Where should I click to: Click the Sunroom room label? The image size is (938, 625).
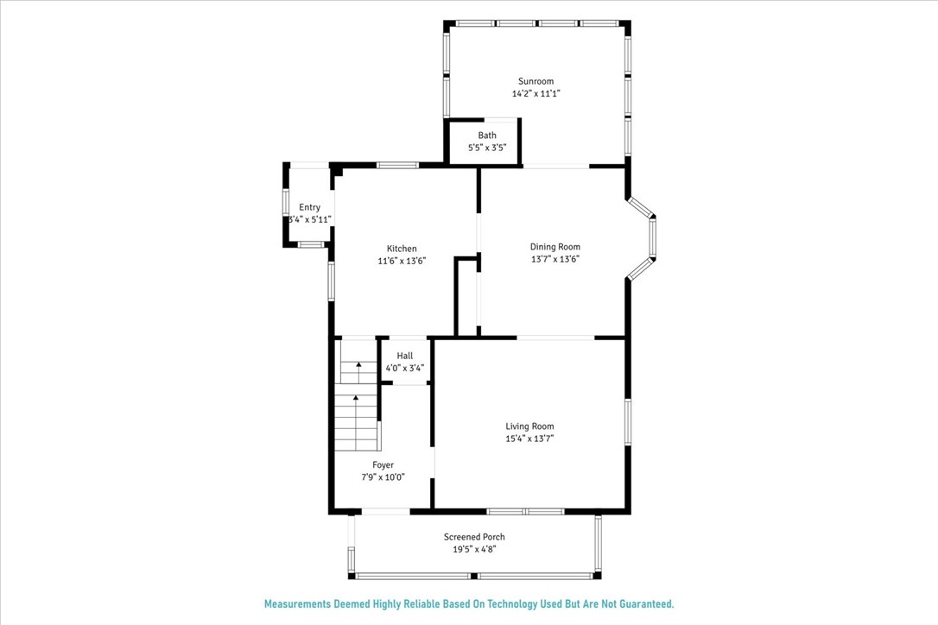(x=536, y=81)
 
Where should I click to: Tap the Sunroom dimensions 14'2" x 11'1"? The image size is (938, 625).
(x=536, y=93)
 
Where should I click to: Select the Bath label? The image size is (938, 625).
(x=487, y=136)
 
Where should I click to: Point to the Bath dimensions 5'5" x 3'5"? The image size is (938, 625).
(x=487, y=147)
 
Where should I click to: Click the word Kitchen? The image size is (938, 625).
(x=402, y=249)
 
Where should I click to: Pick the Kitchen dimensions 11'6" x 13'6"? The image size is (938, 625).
(x=402, y=261)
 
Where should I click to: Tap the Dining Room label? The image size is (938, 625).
(x=555, y=247)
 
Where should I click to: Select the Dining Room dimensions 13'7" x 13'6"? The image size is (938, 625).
(x=555, y=259)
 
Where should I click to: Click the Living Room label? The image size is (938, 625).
(x=529, y=426)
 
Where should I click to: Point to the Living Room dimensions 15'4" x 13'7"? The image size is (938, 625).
(x=529, y=439)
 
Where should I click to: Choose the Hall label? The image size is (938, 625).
(x=405, y=356)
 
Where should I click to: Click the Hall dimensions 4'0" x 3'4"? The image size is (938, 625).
(x=405, y=368)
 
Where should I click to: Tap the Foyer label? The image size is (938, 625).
(x=383, y=465)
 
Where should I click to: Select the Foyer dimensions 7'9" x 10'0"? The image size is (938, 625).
(x=383, y=477)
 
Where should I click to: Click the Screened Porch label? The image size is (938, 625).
(x=474, y=537)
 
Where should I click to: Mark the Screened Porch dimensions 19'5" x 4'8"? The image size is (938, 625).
(x=474, y=549)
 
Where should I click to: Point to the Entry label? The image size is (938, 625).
(x=309, y=207)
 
